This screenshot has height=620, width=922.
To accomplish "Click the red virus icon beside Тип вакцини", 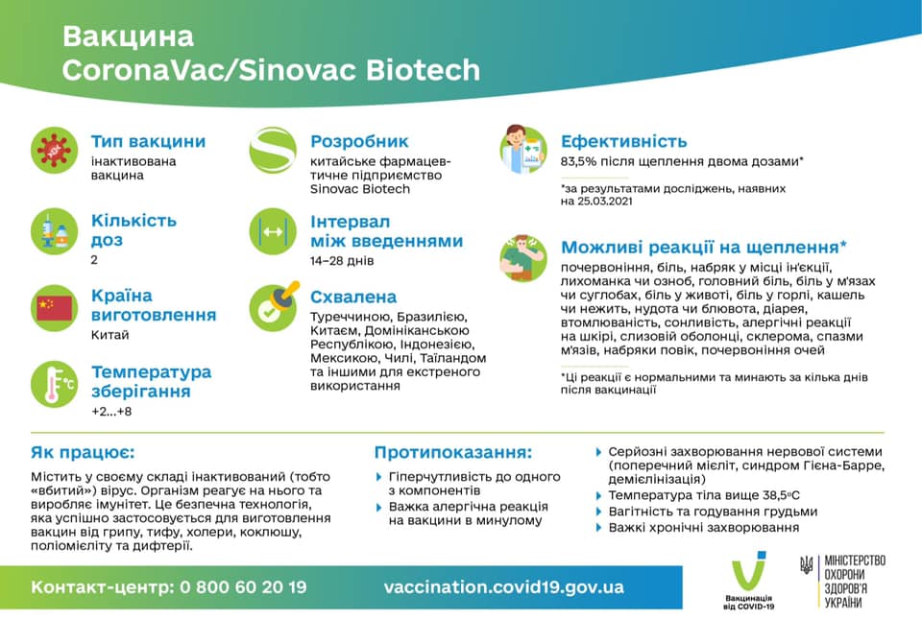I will coord(55,150).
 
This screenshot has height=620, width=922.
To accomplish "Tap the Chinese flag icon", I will coord(55,307).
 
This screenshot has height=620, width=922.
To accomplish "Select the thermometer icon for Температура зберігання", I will coord(55,383).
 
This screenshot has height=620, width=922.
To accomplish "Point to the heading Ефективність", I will coord(624,141).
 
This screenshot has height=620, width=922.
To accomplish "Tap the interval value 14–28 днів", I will coord(342,260).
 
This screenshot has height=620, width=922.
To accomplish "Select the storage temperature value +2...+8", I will coord(111,412).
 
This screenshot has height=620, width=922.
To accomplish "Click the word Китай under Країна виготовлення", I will coord(110,335).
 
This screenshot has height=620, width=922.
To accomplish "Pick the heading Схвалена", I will coord(353,297).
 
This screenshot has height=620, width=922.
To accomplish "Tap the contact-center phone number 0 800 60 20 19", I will coord(243,586).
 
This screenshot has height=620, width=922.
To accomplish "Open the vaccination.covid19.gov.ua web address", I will coord(503,586).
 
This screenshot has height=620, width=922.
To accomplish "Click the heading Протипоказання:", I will coord(452,452).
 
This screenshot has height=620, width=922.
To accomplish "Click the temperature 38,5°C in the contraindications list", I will coord(771,495).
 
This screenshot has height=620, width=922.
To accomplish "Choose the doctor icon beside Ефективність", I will coord(522,150).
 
